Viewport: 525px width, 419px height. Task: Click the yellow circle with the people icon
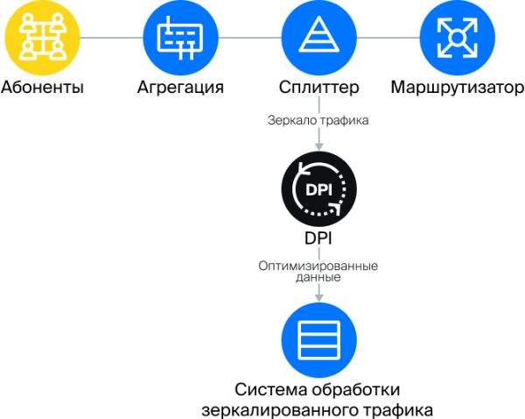[42, 38]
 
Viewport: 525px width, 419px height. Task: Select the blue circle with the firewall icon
[180, 38]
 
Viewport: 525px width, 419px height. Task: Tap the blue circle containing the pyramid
[319, 38]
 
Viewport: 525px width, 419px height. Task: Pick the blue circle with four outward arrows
[458, 38]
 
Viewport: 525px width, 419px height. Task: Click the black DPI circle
[319, 188]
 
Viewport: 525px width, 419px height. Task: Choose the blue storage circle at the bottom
[319, 339]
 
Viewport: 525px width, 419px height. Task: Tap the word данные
[319, 277]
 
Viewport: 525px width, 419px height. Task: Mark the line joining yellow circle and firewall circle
[111, 38]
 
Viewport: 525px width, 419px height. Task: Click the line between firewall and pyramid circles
[249, 38]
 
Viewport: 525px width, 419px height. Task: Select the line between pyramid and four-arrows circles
[388, 38]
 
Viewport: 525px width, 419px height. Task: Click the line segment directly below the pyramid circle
[319, 101]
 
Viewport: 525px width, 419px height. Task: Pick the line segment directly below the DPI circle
[319, 252]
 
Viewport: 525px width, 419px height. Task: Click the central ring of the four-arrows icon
[458, 38]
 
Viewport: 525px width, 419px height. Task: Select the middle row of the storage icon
[319, 340]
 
